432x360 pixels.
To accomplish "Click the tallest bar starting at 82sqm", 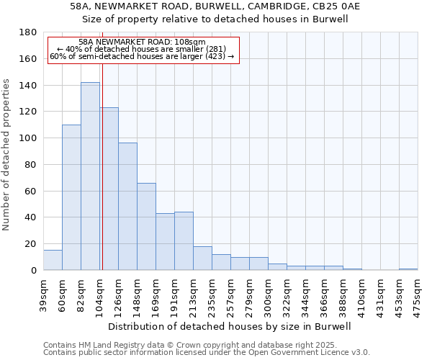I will click(x=90, y=176).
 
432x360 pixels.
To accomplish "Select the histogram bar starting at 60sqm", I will click(x=71, y=197).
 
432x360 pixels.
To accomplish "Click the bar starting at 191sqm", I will click(x=184, y=240).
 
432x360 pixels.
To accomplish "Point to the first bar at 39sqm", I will click(x=53, y=260).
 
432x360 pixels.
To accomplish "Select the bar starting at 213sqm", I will click(x=202, y=258).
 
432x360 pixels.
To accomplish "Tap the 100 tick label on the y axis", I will click(x=29, y=138).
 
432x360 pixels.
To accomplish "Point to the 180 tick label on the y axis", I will click(x=29, y=32).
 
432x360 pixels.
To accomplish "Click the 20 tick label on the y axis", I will click(x=32, y=244).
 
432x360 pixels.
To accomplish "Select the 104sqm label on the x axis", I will click(x=99, y=294).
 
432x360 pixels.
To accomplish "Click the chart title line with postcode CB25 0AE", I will click(x=215, y=6).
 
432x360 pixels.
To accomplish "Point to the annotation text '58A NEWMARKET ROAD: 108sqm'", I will click(x=142, y=42).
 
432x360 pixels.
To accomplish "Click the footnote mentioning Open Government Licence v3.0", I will click(x=207, y=352).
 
